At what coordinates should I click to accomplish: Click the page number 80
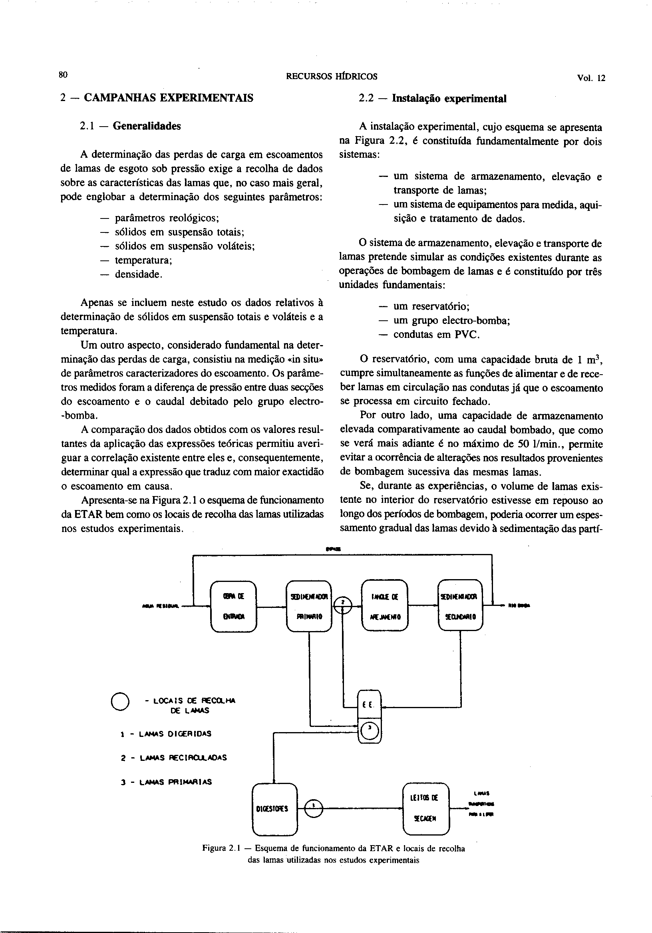tap(63, 75)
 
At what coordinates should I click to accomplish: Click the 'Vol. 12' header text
tap(590, 78)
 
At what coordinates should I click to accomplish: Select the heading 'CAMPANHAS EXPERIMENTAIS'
tap(168, 98)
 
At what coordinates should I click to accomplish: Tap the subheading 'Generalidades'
tap(146, 126)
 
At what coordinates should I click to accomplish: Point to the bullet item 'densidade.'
tap(139, 274)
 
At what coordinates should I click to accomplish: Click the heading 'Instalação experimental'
tap(449, 99)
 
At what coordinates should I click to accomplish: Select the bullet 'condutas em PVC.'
tap(437, 335)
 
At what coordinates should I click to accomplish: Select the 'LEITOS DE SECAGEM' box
tap(425, 808)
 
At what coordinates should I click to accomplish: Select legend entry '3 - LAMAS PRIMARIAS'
tap(166, 782)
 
